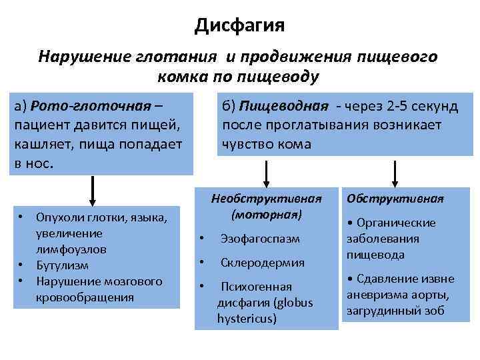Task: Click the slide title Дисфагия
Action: [239, 26]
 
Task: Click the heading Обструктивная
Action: [395, 199]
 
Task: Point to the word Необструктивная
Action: [266, 198]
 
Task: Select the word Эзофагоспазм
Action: [261, 238]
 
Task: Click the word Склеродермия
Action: [263, 263]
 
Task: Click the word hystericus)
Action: [247, 318]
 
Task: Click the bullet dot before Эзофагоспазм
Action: [201, 238]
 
